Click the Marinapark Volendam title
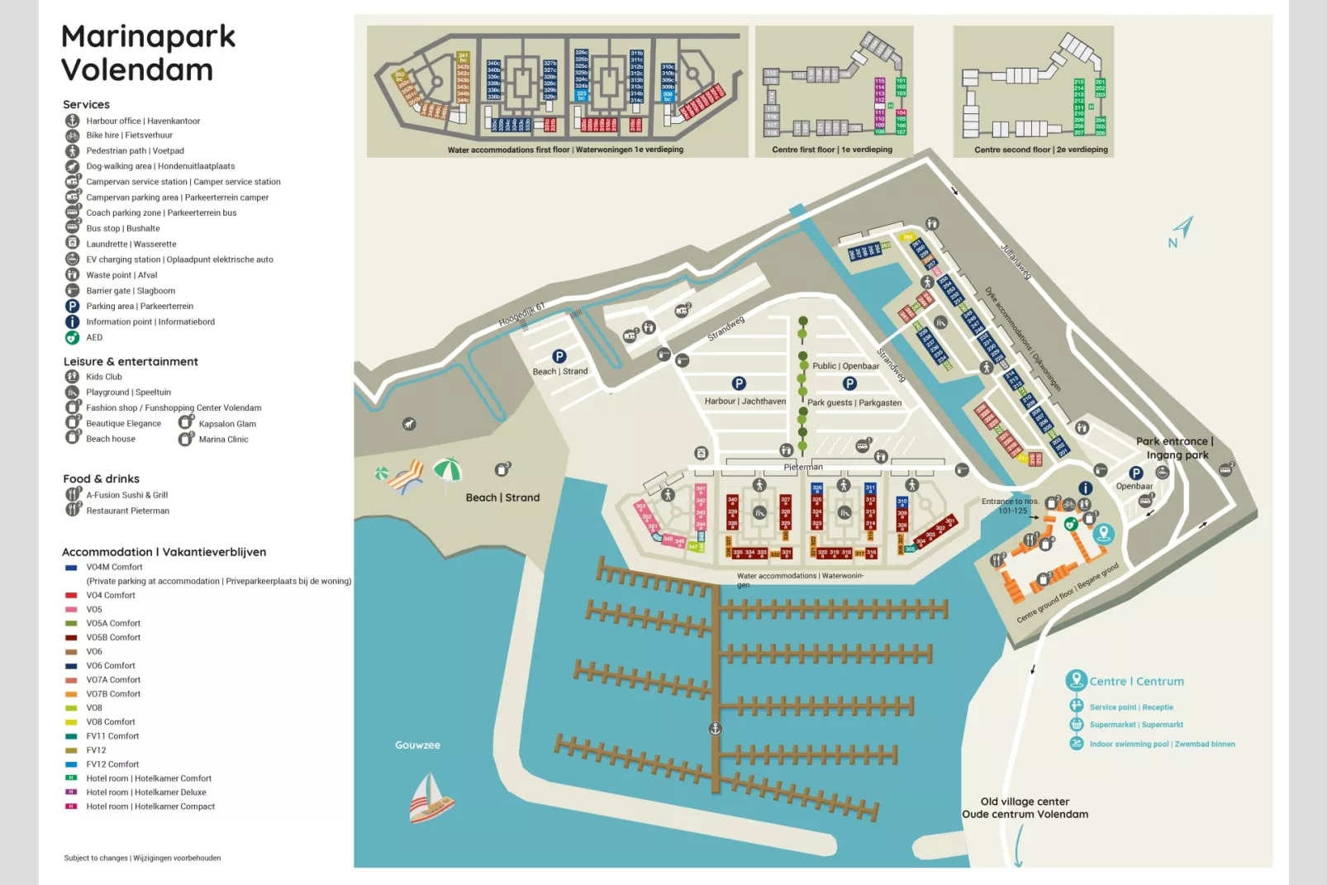point(148,53)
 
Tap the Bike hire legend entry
point(129,135)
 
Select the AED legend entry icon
point(73,337)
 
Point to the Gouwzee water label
point(417,745)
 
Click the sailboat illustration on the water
point(430,798)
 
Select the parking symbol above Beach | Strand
point(559,356)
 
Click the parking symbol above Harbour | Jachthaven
point(739,383)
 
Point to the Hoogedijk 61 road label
point(521,315)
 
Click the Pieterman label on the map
point(803,467)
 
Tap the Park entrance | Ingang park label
point(1175,448)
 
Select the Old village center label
point(1025,802)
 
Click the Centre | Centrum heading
point(1136,682)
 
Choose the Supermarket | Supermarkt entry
point(1136,725)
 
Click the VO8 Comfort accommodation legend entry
point(110,721)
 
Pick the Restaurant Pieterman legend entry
point(127,511)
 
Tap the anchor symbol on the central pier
point(716,729)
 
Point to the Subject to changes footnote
point(142,858)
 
